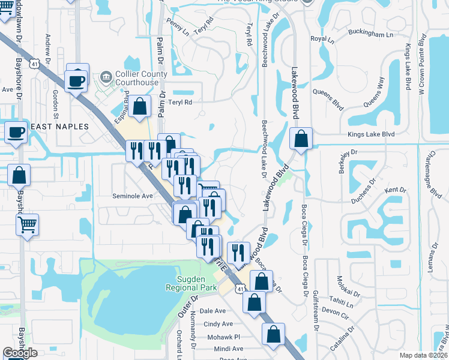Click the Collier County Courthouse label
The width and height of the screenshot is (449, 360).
137,78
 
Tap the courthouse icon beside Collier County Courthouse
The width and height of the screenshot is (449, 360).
106,76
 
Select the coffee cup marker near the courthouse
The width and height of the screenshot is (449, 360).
76,80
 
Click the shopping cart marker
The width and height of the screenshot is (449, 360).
27,226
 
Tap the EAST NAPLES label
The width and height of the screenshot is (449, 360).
59,127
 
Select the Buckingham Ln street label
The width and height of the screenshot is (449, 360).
372,35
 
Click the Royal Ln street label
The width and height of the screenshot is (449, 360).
322,40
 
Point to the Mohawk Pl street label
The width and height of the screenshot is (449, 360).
223,337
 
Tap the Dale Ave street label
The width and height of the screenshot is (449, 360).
212,311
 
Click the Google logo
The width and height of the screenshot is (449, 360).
20,353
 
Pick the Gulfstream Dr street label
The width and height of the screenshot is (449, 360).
315,311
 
